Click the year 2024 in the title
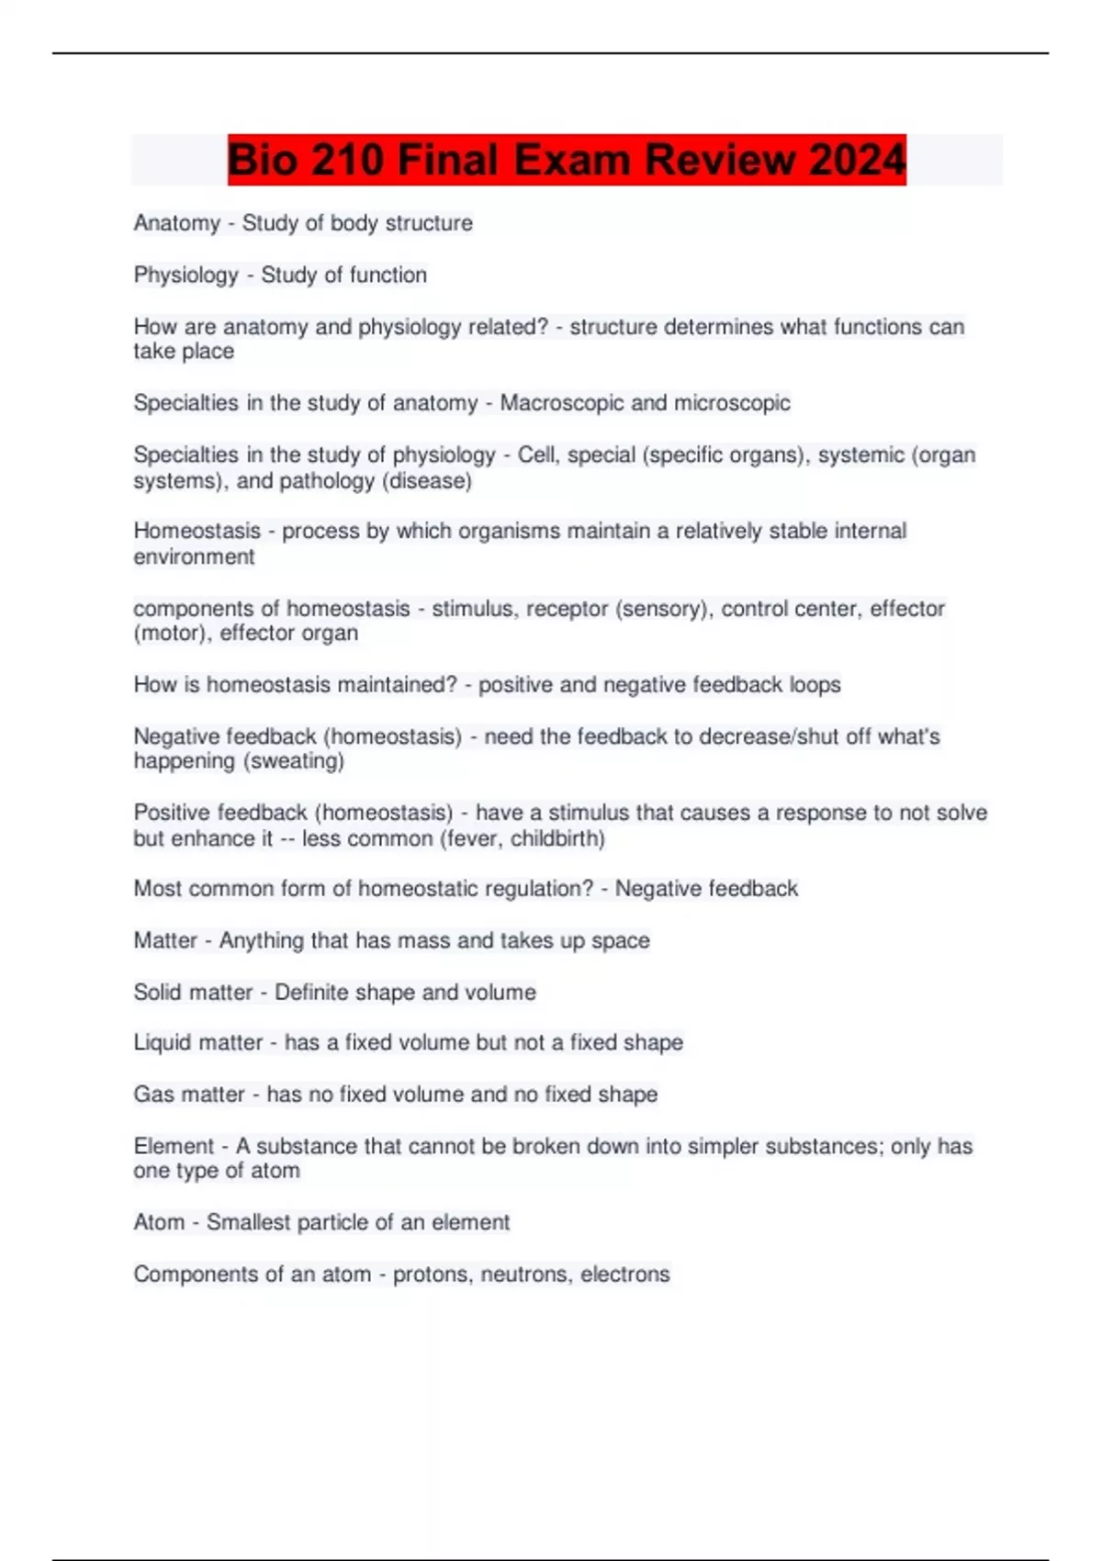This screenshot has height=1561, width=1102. tap(858, 160)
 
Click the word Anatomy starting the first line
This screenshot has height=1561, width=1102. tap(177, 223)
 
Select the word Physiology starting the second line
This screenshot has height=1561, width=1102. tap(186, 275)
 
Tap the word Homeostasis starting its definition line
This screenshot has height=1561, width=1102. tap(197, 531)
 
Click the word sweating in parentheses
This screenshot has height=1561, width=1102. tap(295, 761)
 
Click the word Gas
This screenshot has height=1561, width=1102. tap(151, 1095)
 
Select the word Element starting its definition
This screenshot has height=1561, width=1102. tap(174, 1146)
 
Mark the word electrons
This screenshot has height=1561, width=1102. tap(625, 1275)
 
